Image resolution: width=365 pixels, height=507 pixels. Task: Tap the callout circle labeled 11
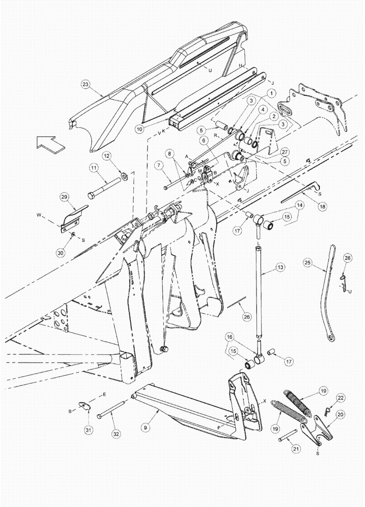tap(94, 167)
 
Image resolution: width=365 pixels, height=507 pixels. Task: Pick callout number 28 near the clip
tap(347, 258)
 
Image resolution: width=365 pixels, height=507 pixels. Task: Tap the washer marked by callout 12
tap(123, 177)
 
